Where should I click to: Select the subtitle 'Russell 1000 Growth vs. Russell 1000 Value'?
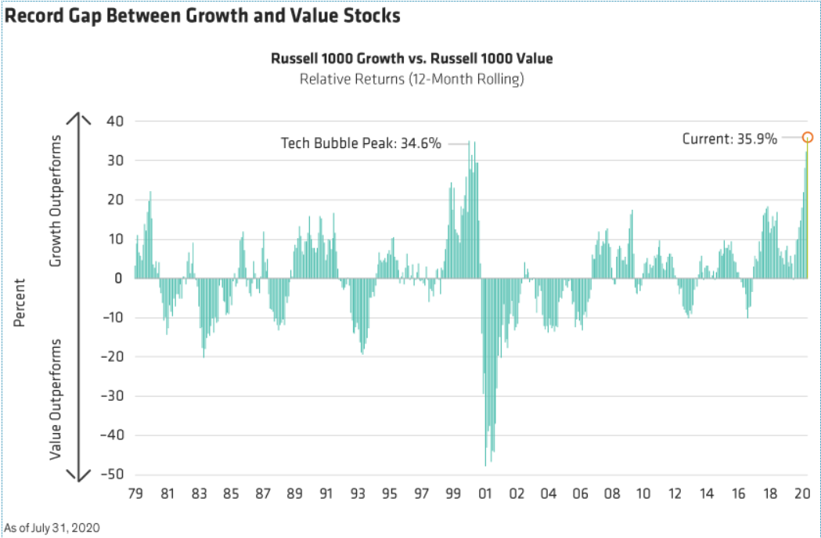(412, 60)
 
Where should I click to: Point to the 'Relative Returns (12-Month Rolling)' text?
(412, 78)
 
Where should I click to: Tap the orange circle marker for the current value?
(808, 137)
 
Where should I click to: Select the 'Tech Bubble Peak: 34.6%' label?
(362, 143)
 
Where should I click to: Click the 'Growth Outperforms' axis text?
(56, 200)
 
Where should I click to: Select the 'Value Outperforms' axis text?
(56, 399)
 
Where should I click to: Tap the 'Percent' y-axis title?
(20, 301)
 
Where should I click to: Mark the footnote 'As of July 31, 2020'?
(52, 527)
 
